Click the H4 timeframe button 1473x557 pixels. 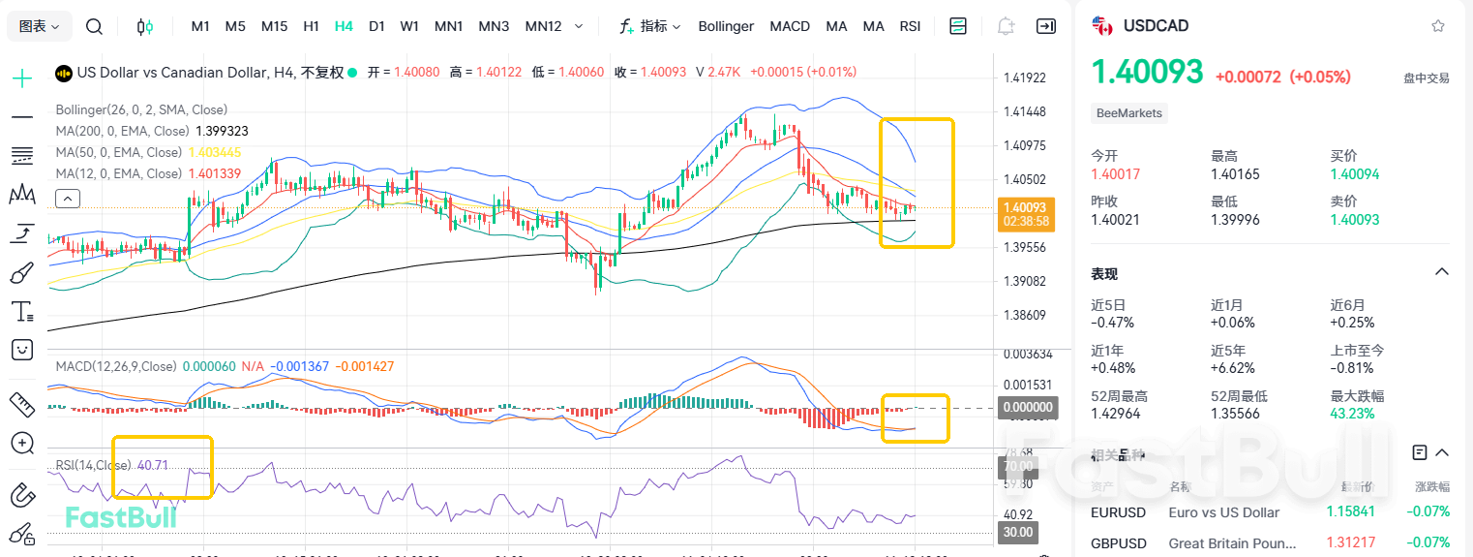[x=344, y=26]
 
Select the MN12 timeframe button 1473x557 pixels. [x=543, y=26]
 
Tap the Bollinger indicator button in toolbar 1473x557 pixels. [x=726, y=26]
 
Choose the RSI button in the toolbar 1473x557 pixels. [x=910, y=26]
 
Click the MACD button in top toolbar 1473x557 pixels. [x=790, y=26]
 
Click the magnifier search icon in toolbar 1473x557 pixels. [x=94, y=26]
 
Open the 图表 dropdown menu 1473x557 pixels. [x=39, y=26]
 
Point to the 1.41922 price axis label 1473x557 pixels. [x=1025, y=77]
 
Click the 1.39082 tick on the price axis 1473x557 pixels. [x=1025, y=281]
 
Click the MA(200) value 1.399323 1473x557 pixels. [x=222, y=131]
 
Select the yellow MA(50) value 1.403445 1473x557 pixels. [x=214, y=152]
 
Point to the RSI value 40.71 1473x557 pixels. [x=153, y=465]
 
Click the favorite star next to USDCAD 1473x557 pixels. [x=1437, y=26]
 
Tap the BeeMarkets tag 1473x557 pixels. [x=1128, y=113]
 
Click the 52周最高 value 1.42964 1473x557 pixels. [x=1115, y=414]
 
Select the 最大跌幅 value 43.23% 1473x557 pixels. [x=1352, y=414]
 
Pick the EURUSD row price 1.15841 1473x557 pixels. [x=1351, y=512]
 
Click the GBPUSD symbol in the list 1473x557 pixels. [x=1118, y=543]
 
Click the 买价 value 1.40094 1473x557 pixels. [x=1354, y=174]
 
